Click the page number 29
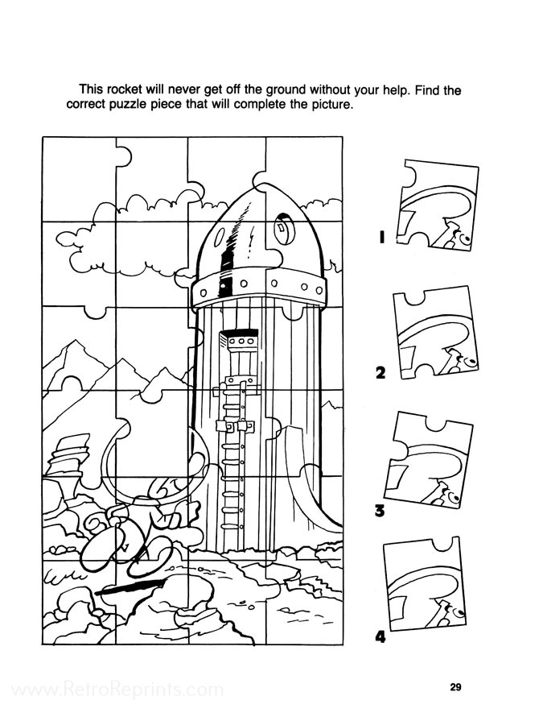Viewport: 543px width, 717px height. [455, 687]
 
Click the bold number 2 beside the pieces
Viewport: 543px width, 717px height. [380, 373]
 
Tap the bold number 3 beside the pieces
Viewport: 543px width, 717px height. [380, 510]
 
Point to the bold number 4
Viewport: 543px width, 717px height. [380, 636]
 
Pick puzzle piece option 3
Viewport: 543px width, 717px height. [429, 459]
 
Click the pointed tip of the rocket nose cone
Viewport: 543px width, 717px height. [259, 187]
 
